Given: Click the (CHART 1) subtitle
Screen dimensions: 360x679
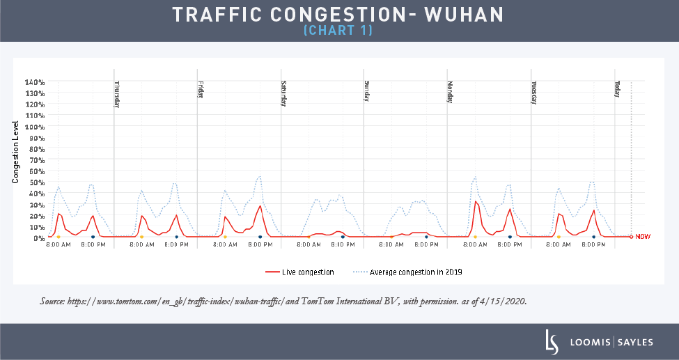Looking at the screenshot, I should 338,31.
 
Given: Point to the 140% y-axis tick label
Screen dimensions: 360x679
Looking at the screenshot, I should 35,82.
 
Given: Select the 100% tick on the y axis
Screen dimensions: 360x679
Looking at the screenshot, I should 35,127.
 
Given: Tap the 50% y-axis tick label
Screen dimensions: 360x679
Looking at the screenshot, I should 37,182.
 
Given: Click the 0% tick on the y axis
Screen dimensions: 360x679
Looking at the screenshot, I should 39,237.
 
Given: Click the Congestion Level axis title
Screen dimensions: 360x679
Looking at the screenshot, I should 15,152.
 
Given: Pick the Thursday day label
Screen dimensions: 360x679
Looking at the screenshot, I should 117,95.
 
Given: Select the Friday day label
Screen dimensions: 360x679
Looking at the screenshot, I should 201,91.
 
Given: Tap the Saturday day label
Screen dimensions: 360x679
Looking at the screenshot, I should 284,94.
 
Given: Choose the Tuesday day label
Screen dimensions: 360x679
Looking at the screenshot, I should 534,93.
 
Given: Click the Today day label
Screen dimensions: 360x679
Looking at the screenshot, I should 617,89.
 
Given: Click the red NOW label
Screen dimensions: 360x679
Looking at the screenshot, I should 643,237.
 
